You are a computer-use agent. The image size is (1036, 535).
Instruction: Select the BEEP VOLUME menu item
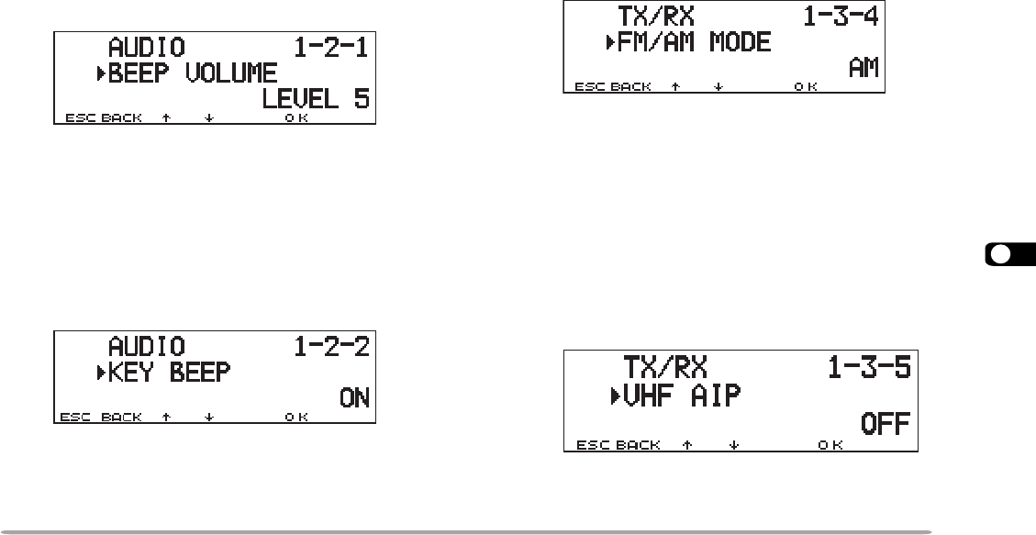(x=192, y=73)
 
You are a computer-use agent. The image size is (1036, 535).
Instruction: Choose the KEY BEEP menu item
(x=169, y=373)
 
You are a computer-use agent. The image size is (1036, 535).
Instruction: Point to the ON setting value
(x=353, y=398)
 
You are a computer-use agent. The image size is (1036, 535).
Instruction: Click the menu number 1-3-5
(x=868, y=369)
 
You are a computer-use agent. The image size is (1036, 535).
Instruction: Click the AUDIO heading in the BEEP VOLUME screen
(x=146, y=47)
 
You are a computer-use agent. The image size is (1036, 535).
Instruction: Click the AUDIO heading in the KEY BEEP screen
(x=147, y=347)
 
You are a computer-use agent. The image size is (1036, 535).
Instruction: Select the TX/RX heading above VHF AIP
(x=667, y=369)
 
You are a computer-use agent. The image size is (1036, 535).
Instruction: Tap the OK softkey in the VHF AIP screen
(x=830, y=446)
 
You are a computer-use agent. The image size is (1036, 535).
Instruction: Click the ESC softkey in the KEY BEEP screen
(x=73, y=418)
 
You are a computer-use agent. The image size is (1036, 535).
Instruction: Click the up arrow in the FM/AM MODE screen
(x=676, y=87)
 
